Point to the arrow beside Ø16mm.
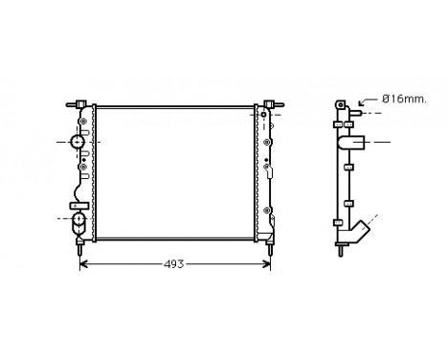coord(364,100)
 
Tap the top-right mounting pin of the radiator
coord(279,102)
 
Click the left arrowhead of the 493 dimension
coord(83,263)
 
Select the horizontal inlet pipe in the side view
coord(356,144)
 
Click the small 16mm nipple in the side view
coord(354,114)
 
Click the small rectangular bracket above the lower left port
coord(74,205)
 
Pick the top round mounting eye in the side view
coord(339,102)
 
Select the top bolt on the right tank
coord(264,115)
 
